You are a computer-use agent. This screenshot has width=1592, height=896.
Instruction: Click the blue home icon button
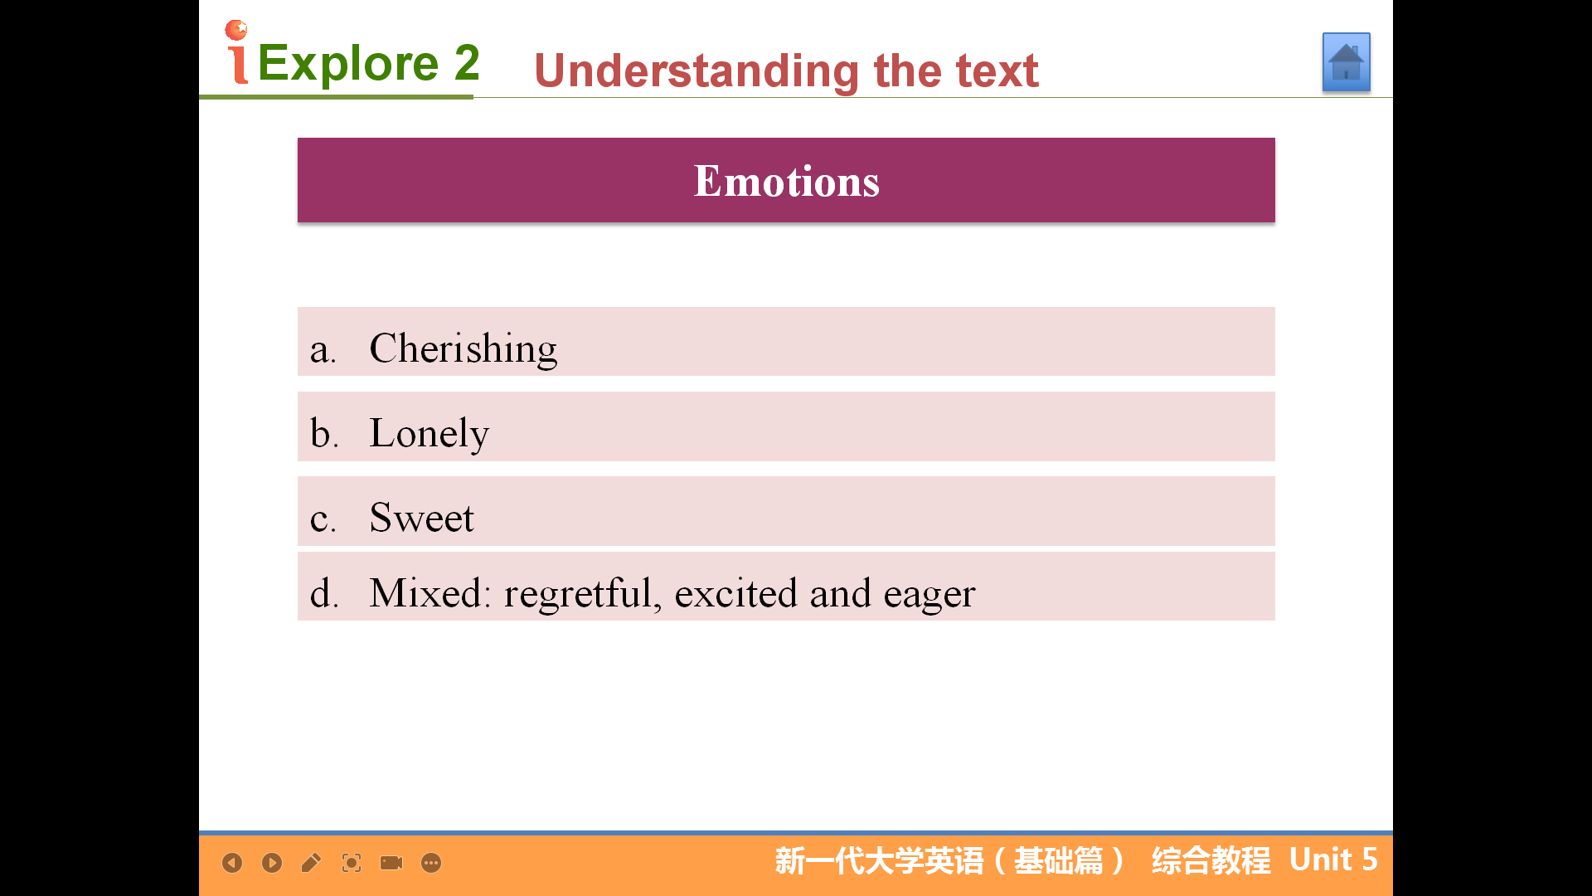1346,62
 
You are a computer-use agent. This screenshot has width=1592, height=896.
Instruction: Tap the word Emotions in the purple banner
786,181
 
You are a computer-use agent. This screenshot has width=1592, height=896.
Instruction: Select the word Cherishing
464,348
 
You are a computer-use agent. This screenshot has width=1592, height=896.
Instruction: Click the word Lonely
430,433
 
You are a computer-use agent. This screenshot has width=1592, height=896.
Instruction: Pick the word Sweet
422,518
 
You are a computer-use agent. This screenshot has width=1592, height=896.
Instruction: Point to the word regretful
583,594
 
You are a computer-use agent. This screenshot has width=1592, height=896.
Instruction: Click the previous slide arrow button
232,863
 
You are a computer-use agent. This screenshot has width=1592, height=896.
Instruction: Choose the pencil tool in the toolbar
311,863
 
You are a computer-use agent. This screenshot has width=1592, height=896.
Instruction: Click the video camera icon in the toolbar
391,863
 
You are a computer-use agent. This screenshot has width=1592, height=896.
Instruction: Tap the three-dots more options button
431,863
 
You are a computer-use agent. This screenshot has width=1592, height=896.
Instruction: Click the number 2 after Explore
467,62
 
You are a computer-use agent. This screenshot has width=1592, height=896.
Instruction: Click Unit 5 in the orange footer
1333,859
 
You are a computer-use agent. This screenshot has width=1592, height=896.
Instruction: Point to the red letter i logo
237,52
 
